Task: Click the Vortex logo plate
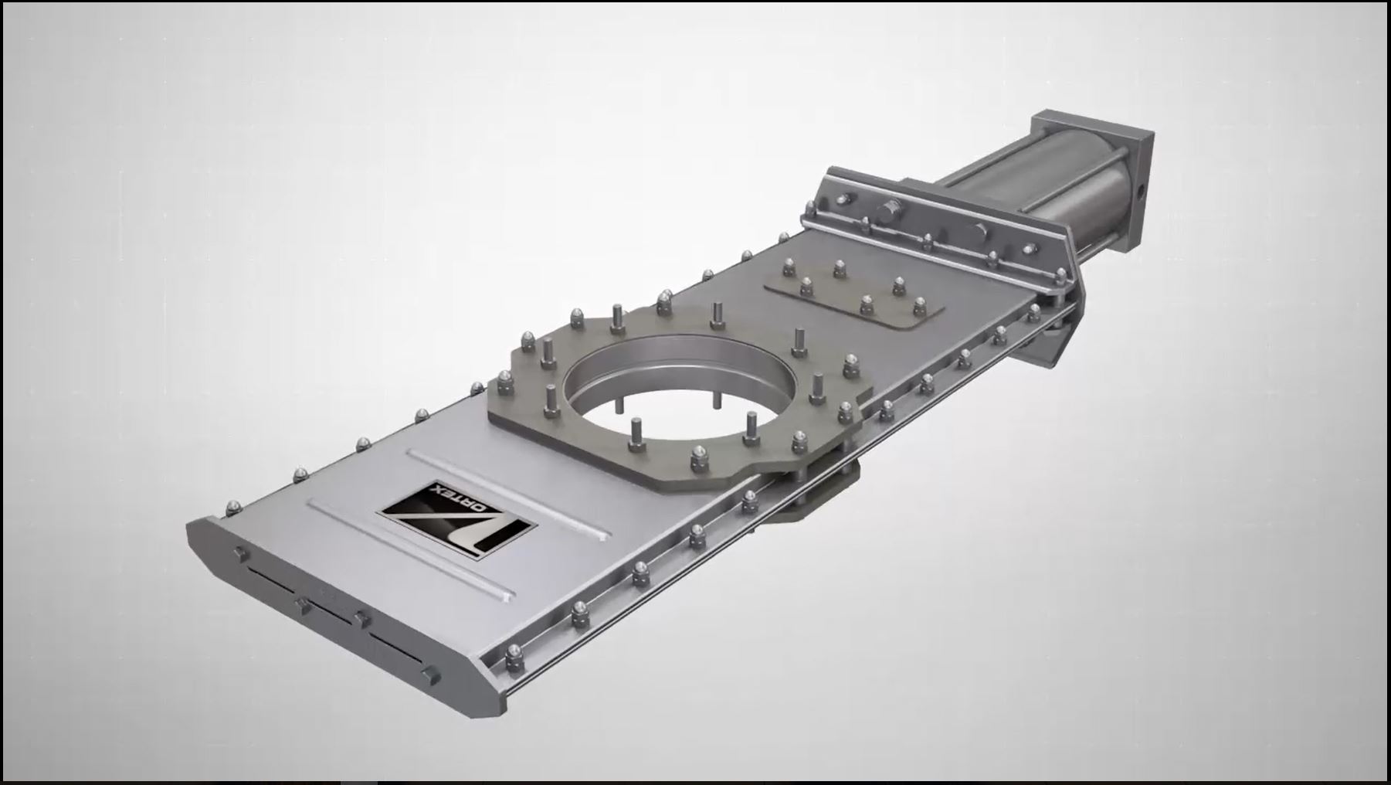click(456, 517)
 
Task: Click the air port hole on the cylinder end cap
click(1139, 189)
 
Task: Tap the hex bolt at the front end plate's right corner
click(433, 676)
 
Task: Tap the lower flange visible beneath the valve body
click(819, 494)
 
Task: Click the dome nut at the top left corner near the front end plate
click(232, 507)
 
